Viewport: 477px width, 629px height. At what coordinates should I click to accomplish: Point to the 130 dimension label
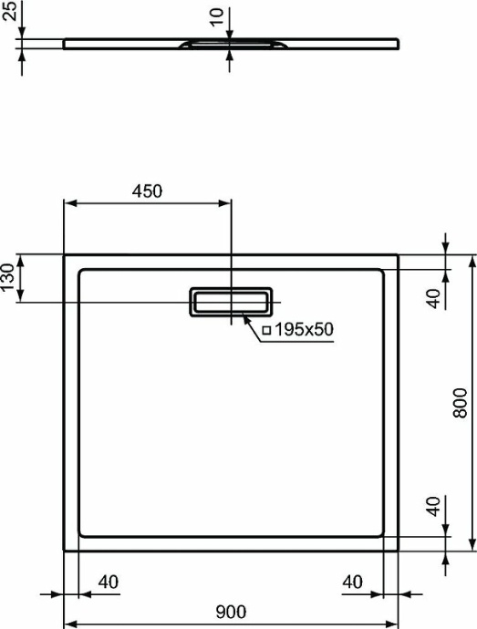(8, 277)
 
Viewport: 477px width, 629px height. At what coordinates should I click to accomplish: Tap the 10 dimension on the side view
(215, 17)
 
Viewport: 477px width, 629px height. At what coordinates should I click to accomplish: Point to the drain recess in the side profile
(231, 43)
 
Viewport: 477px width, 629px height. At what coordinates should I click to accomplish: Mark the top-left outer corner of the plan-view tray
(64, 255)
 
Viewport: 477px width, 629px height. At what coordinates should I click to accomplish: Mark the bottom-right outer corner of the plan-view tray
(398, 550)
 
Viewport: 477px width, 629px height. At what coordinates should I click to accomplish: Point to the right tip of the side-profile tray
(398, 41)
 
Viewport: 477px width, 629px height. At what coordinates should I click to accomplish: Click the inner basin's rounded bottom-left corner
(82, 532)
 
